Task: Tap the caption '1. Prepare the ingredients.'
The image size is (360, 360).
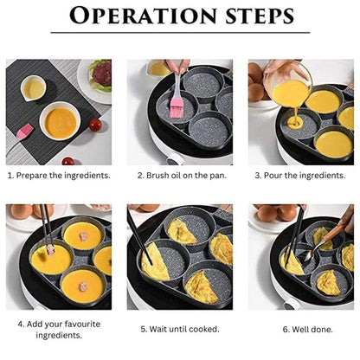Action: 59,175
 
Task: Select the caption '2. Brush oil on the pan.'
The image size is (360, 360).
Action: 180,175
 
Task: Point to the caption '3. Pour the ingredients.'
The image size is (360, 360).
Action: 300,175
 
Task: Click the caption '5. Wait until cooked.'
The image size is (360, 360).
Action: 180,329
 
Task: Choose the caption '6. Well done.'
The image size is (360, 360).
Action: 300,329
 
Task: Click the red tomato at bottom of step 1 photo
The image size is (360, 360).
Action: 67,160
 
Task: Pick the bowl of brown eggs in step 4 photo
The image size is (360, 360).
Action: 22,211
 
